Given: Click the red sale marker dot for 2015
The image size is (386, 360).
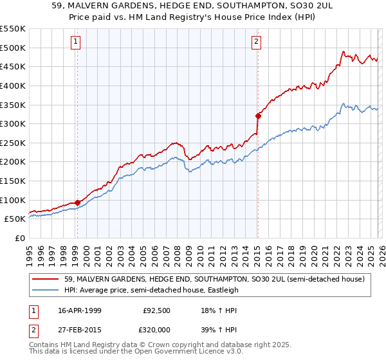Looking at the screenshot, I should [258, 116].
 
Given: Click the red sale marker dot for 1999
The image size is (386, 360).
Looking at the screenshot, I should [77, 203].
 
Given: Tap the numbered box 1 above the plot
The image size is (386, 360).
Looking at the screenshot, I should [76, 42].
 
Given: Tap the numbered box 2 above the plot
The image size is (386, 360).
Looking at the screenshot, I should [256, 42].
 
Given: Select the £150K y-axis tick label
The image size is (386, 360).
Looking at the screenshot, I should [13, 181].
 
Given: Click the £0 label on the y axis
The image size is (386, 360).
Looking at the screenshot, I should [19, 238].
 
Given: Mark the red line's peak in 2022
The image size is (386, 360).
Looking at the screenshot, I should [344, 51].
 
